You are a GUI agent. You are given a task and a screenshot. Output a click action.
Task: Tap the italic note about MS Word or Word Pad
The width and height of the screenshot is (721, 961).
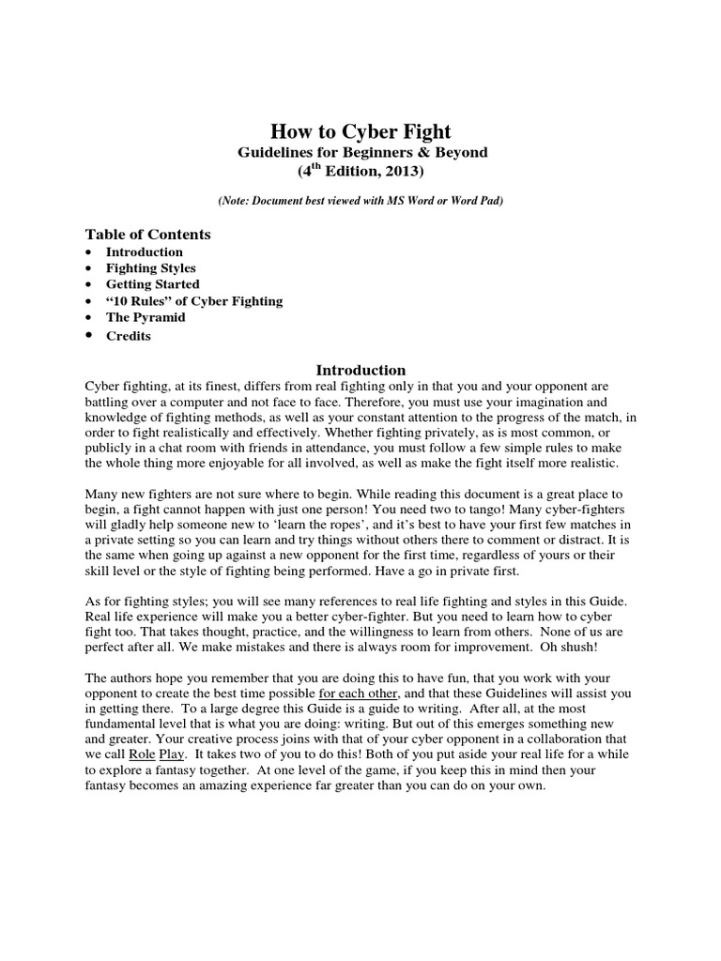[360, 202]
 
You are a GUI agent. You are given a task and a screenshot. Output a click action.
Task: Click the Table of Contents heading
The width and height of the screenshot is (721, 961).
[148, 235]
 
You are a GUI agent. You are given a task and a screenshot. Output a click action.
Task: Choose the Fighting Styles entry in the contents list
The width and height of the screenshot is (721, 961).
[150, 268]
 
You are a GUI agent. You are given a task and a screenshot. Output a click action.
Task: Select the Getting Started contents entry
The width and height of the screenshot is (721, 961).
[152, 284]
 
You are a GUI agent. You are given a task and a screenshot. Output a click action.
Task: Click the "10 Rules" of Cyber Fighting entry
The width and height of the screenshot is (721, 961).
[193, 301]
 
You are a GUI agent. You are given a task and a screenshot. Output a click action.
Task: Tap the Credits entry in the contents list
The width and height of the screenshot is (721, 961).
[128, 336]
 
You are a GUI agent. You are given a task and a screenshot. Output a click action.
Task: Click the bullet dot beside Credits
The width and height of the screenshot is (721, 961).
[88, 335]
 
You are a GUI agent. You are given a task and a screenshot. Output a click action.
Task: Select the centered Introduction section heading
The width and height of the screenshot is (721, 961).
[360, 370]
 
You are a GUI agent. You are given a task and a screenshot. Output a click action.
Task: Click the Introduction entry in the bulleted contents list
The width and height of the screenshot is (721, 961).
[144, 252]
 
